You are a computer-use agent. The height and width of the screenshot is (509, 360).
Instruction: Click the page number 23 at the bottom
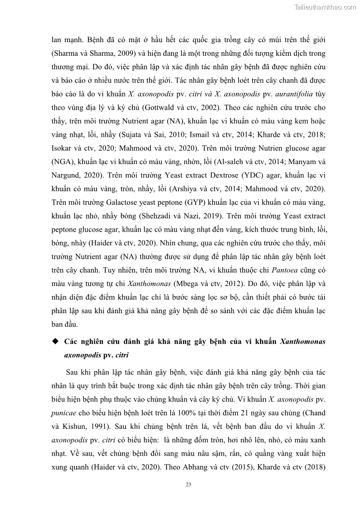189,485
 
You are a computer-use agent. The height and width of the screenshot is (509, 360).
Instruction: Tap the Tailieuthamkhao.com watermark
325,7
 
